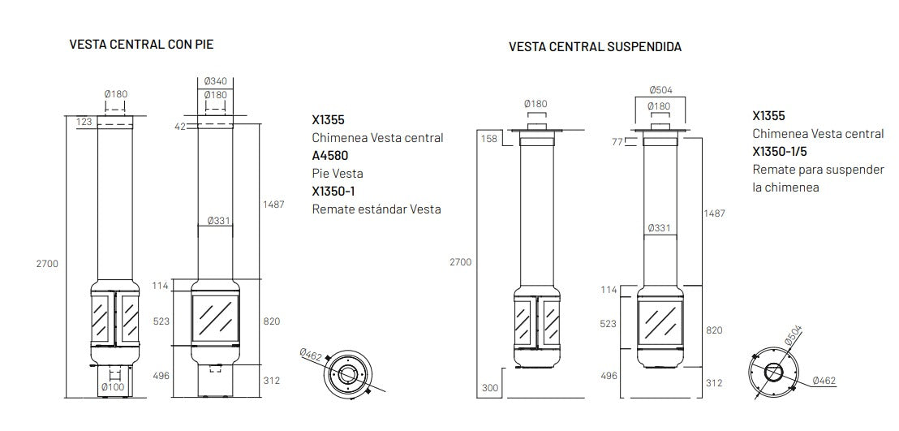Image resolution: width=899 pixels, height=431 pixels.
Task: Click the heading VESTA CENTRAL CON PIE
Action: [x=141, y=44]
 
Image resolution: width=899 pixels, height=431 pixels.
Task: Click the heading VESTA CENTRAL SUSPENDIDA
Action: [x=595, y=47]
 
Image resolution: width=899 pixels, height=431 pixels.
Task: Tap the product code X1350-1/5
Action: [x=780, y=151]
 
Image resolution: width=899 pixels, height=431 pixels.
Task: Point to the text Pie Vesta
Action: [x=338, y=173]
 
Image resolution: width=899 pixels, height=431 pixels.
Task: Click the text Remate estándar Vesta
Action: [x=376, y=209]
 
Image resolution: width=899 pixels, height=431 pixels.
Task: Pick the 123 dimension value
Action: [x=84, y=122]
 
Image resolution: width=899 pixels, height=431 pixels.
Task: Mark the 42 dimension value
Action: [x=180, y=126]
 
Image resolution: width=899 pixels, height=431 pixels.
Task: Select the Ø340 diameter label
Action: [x=216, y=81]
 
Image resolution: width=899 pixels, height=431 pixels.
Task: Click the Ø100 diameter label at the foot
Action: [x=112, y=388]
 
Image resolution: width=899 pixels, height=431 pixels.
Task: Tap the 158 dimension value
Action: [x=490, y=139]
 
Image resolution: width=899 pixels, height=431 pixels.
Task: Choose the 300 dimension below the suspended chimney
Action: [x=490, y=388]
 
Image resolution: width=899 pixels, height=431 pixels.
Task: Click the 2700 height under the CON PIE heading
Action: [x=48, y=264]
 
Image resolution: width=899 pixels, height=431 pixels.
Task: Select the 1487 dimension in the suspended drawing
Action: [x=713, y=213]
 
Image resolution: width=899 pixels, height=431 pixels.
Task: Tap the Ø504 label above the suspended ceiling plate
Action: [x=660, y=90]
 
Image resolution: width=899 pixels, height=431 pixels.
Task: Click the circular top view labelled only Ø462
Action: [x=347, y=374]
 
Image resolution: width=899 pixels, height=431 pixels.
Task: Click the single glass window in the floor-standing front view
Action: [x=215, y=318]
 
